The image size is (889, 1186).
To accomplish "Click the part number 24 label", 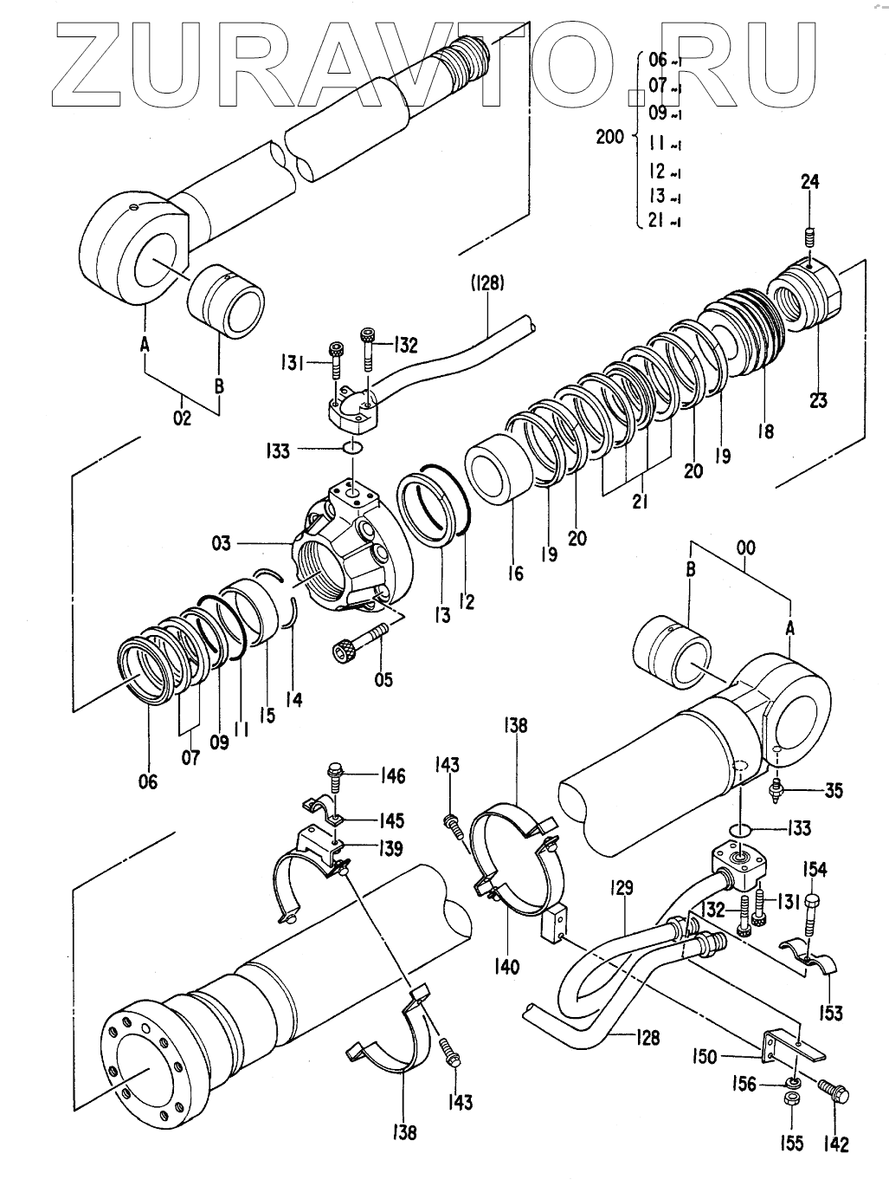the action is (x=809, y=182).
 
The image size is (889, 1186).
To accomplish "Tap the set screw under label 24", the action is (x=810, y=237).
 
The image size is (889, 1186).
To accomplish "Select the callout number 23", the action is (x=818, y=400).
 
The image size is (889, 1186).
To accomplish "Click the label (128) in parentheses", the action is (x=487, y=283).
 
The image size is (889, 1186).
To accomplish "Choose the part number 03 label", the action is (x=222, y=542).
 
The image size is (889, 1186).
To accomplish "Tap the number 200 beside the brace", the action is (x=610, y=137).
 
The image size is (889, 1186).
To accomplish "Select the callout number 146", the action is (x=390, y=776).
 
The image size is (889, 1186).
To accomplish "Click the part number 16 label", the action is (x=516, y=573).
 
